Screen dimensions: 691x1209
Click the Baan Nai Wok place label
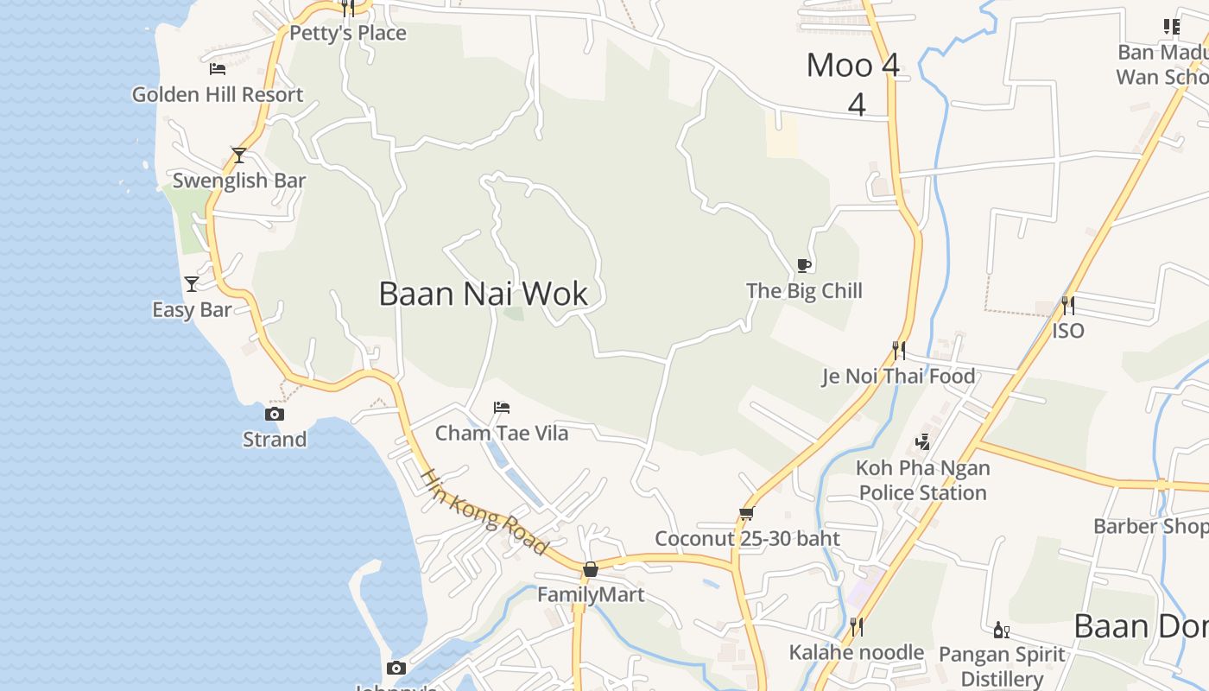[x=483, y=294]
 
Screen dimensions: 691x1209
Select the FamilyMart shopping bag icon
[x=591, y=569]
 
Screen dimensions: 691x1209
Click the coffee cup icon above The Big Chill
[x=804, y=265]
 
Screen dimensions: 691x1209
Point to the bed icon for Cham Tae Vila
[x=502, y=407]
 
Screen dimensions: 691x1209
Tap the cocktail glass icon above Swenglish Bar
[x=239, y=155]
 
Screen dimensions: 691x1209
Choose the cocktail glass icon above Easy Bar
[x=192, y=283]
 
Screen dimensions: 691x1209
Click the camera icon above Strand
[x=275, y=415]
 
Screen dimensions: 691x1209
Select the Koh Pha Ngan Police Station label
[x=922, y=480]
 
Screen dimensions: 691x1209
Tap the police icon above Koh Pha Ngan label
[x=922, y=442]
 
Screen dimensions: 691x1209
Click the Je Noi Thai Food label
[x=898, y=376]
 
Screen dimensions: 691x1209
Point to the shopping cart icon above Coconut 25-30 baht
[x=747, y=513]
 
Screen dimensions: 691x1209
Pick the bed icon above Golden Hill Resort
[x=218, y=68]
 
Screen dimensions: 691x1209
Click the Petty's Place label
[x=347, y=33]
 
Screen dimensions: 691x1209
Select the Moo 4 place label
[x=853, y=66]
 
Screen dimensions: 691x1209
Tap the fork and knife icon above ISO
[x=1068, y=305]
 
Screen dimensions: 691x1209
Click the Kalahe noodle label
[x=857, y=652]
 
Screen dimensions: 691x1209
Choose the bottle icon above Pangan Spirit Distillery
[x=1002, y=630]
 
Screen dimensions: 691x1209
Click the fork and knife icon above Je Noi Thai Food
[x=899, y=350]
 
